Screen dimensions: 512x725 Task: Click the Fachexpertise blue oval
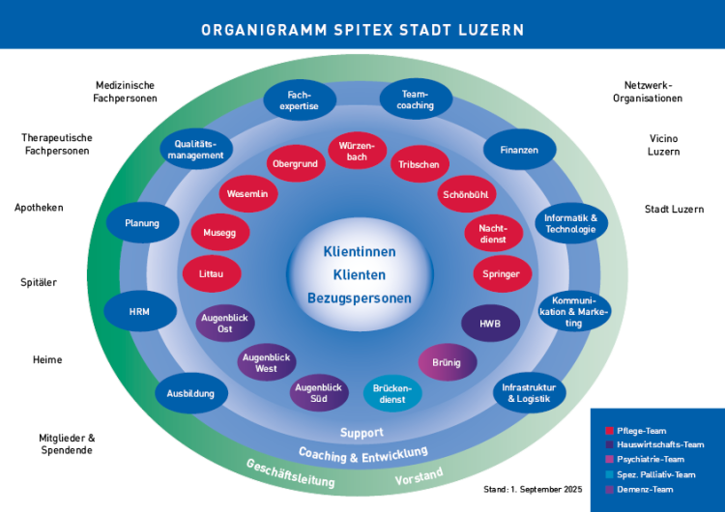click(299, 100)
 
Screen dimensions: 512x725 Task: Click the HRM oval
click(139, 311)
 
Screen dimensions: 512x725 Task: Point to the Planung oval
click(142, 223)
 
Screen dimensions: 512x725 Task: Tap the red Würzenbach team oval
click(357, 151)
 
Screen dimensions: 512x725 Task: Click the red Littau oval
click(211, 273)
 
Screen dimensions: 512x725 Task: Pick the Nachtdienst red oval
click(493, 233)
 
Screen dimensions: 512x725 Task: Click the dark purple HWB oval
click(490, 324)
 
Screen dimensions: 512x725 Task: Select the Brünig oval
click(447, 362)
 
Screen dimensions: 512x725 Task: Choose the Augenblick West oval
click(266, 362)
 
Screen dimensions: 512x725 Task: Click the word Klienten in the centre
click(359, 274)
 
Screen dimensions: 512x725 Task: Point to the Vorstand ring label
click(419, 475)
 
